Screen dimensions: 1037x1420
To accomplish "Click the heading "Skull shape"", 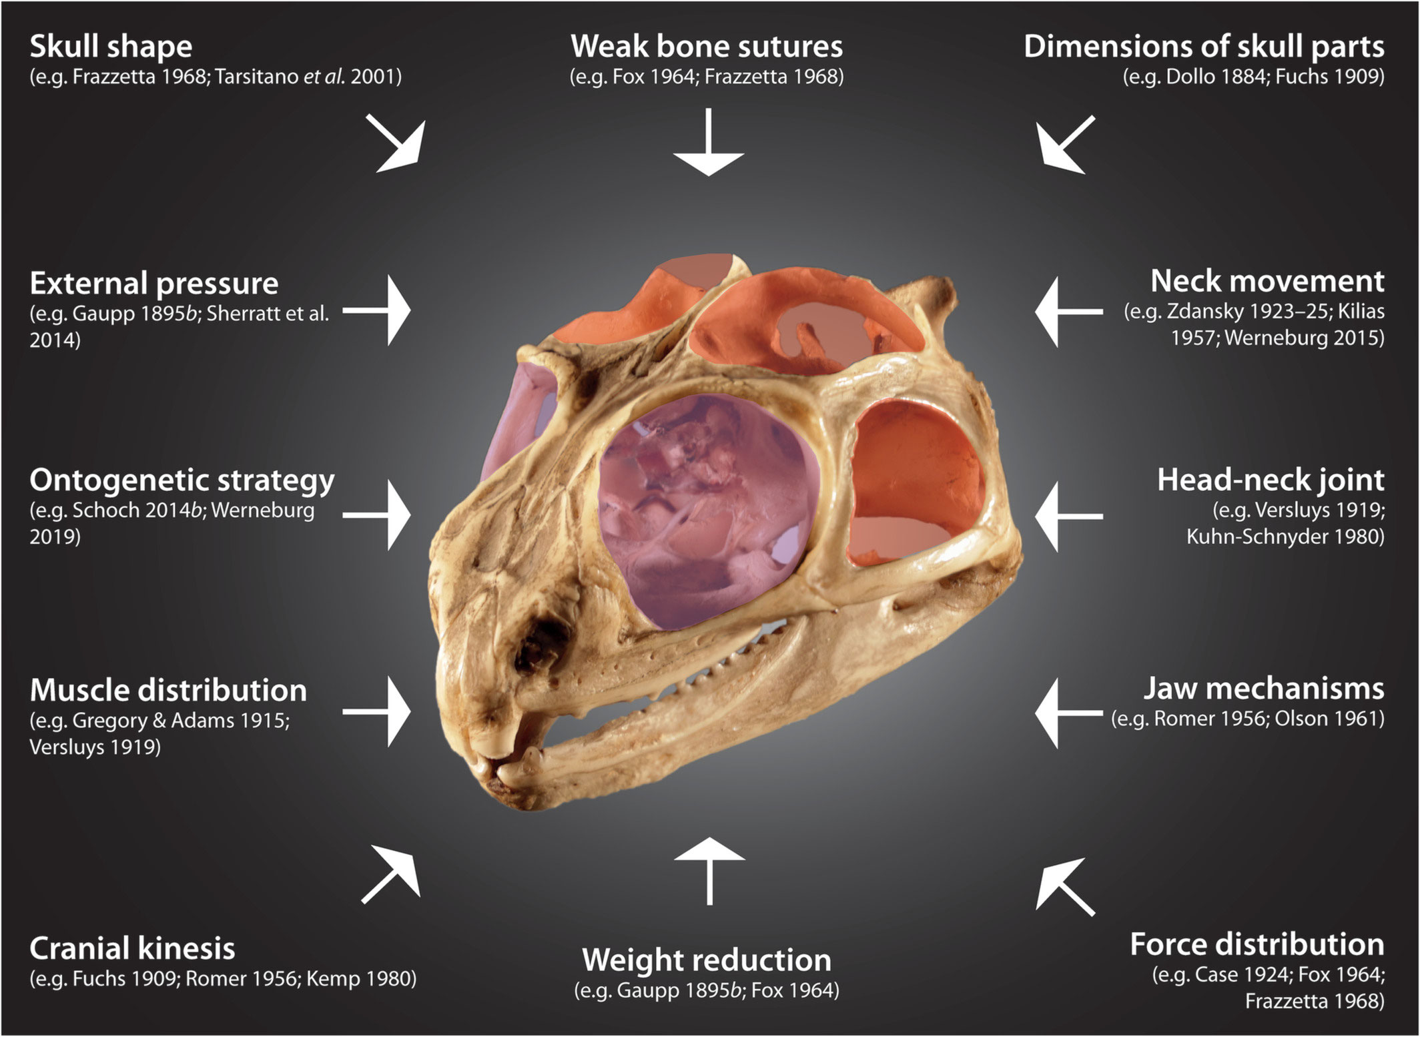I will [111, 47].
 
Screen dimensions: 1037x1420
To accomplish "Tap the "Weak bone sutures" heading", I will [707, 47].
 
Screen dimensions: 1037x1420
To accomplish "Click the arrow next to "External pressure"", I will [379, 310].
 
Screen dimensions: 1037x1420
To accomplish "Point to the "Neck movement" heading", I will [1267, 282].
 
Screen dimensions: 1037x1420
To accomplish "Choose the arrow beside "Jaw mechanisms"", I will [1068, 713].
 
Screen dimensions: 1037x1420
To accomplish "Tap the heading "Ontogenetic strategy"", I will [182, 480].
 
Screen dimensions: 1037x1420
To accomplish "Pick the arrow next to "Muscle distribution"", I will [379, 711].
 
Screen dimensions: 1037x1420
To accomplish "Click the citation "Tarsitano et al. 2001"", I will [308, 77].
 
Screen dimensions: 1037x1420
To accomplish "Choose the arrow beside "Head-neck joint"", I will [1068, 516].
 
